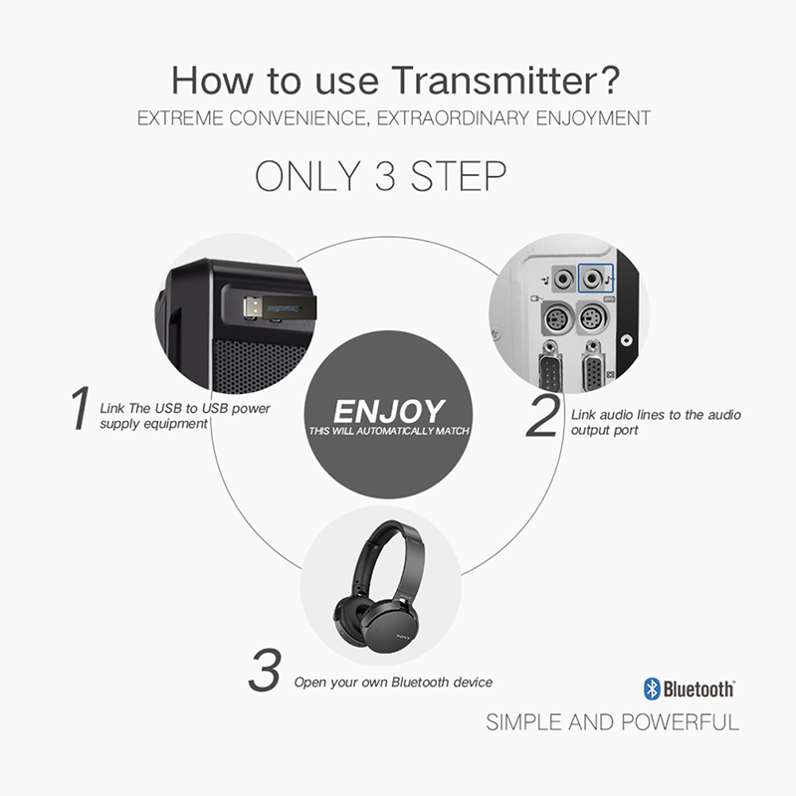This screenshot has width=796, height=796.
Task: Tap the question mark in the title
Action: [607, 80]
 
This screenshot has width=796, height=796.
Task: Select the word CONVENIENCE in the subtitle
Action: [297, 118]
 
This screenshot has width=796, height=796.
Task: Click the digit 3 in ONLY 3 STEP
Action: [385, 176]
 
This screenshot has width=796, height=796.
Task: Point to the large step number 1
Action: [80, 408]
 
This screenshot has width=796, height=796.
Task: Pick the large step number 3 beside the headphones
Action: [264, 670]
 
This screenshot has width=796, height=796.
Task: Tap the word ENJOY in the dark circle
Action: [389, 411]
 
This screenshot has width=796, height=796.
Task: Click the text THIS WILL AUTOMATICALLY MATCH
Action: [389, 431]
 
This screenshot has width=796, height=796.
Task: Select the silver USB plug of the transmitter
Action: [253, 307]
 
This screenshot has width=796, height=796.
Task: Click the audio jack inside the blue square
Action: [591, 279]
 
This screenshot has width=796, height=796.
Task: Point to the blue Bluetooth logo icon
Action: [652, 689]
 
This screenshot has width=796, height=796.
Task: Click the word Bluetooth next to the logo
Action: [698, 690]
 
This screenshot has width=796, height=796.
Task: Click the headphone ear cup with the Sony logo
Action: [391, 627]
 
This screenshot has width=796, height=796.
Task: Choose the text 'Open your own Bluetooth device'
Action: [393, 683]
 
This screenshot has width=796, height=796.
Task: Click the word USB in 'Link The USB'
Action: [168, 408]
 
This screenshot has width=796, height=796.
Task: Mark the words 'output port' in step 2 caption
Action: [604, 430]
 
